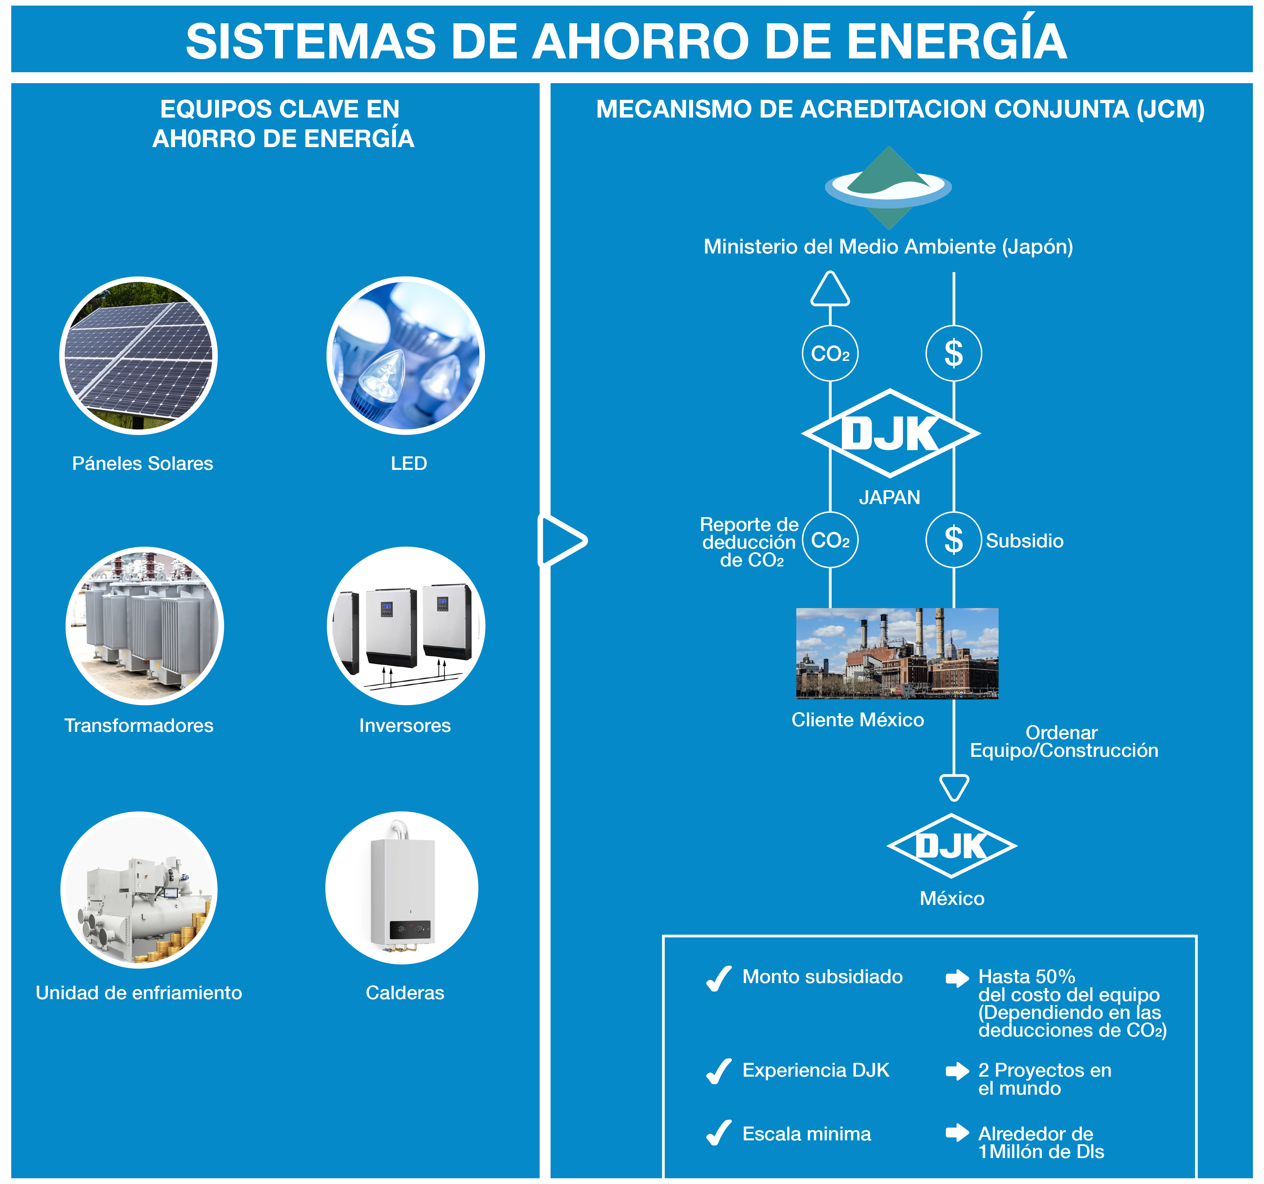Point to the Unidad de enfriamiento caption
tap(139, 993)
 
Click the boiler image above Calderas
tap(402, 888)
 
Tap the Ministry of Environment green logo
tap(888, 187)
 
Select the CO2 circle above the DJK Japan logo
tap(830, 354)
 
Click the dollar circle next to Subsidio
tap(953, 540)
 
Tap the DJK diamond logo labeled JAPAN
tap(890, 434)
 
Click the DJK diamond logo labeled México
tap(952, 846)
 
